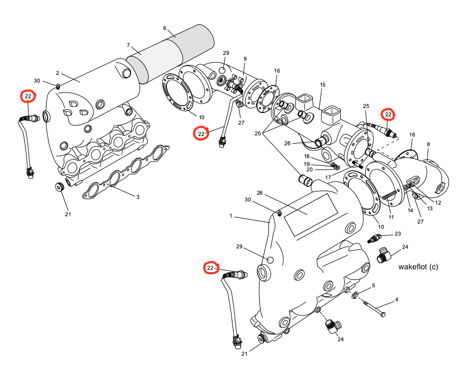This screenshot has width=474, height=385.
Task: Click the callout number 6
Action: point(165,28)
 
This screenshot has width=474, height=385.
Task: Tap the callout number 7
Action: point(128,45)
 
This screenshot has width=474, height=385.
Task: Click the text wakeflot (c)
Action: point(419,267)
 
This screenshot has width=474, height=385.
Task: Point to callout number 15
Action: point(323,84)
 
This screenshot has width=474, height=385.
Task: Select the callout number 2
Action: point(57,73)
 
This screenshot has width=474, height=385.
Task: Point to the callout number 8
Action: point(428,144)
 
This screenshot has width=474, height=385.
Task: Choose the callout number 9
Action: point(245,59)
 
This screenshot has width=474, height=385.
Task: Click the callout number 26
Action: point(287,143)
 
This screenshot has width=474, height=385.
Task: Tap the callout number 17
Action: point(328,177)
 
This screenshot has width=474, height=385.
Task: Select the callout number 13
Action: point(430,209)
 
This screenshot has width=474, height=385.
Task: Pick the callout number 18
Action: point(306,157)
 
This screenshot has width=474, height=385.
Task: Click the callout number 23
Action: point(397,233)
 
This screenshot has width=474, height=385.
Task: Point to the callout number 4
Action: point(396,299)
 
